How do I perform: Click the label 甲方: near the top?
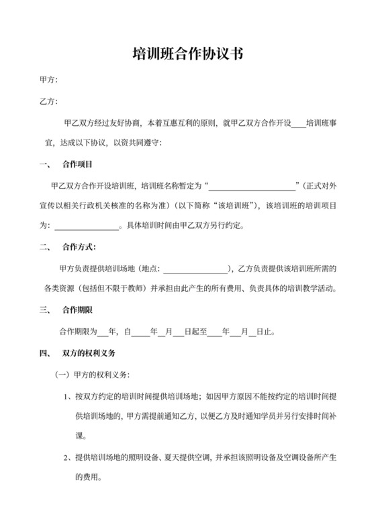(x=49, y=80)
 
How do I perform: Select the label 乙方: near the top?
(x=49, y=102)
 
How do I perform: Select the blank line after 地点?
(x=195, y=269)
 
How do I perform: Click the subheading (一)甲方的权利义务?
(x=92, y=374)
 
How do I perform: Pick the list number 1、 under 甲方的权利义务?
(x=68, y=396)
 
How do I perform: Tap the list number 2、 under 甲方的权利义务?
(x=68, y=458)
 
